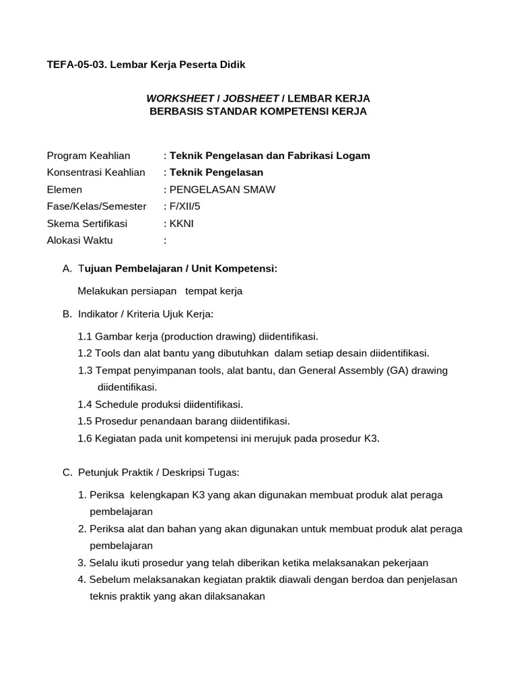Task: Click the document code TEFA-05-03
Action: point(75,65)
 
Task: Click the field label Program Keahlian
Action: point(88,156)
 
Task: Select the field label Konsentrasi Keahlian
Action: point(96,172)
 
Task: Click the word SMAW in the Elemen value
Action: point(261,189)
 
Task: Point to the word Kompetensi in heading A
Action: point(253,268)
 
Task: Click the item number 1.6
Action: point(85,438)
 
